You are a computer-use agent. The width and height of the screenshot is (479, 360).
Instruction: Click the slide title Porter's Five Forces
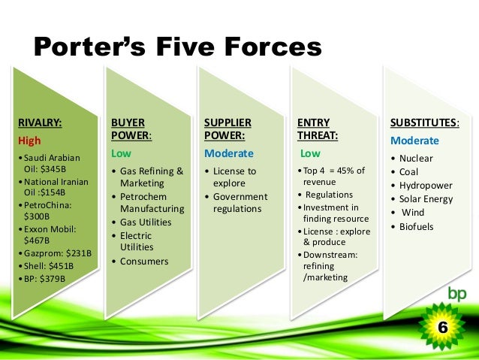click(178, 47)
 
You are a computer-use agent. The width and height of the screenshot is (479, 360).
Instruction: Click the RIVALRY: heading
click(39, 122)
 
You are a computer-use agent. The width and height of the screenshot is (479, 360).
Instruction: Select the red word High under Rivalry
click(29, 140)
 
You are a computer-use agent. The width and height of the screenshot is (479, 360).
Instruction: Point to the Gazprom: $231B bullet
click(52, 253)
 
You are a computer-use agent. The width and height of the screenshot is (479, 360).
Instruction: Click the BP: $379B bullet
click(44, 278)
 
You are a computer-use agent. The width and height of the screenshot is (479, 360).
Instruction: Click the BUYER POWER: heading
click(131, 129)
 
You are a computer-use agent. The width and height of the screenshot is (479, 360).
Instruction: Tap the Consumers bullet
click(144, 261)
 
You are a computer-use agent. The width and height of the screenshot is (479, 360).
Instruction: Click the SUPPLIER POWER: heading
click(228, 129)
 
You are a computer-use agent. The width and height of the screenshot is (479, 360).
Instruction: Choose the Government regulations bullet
click(239, 202)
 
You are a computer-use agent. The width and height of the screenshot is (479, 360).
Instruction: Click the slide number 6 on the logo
click(443, 328)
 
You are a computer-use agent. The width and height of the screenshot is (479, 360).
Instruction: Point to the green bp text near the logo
click(456, 293)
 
